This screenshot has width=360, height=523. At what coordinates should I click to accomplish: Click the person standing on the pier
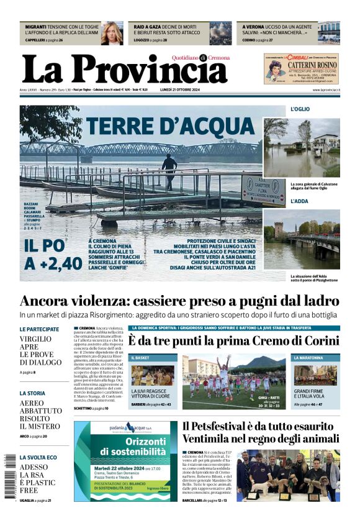point(169,171)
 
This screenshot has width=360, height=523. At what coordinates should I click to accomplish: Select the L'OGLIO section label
point(300,109)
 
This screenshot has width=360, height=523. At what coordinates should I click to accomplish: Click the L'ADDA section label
point(299,201)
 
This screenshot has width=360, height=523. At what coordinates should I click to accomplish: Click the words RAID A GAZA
point(147,27)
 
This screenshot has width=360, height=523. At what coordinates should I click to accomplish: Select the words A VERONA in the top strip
point(254,27)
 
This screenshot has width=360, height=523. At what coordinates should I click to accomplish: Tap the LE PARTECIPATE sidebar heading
point(39,329)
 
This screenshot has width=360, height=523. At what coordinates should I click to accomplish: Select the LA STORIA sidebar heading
point(32,393)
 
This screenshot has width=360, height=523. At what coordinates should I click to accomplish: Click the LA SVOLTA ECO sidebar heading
point(38,457)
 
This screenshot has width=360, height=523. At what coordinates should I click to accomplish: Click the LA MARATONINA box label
point(317,358)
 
